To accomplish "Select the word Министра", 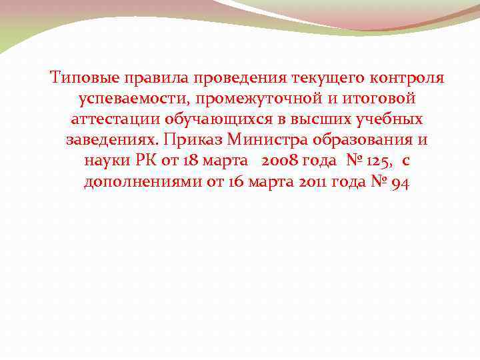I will [267, 141].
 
